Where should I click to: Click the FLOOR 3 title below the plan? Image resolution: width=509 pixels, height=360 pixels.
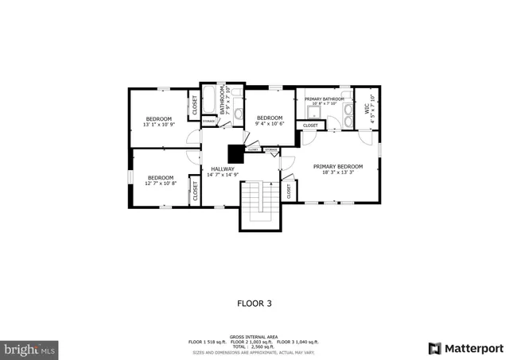coord(254,303)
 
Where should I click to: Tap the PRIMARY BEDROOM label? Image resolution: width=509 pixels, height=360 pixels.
coord(337,167)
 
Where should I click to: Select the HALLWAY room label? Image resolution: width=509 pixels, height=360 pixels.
coord(223,168)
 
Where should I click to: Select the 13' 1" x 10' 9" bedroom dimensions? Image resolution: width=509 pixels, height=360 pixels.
coord(158,125)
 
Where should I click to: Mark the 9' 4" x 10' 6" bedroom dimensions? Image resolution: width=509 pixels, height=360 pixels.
coord(270,123)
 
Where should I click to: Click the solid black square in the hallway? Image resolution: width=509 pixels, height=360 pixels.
coord(235,153)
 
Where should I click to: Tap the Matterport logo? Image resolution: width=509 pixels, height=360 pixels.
coord(466,348)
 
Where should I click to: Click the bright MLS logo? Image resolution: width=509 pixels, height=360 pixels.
coord(30,348)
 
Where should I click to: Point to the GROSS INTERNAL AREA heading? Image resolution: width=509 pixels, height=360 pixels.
coord(254,336)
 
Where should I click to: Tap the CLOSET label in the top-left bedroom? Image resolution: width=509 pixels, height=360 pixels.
coord(193,105)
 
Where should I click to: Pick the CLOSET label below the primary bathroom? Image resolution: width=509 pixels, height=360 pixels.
coord(310,125)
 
